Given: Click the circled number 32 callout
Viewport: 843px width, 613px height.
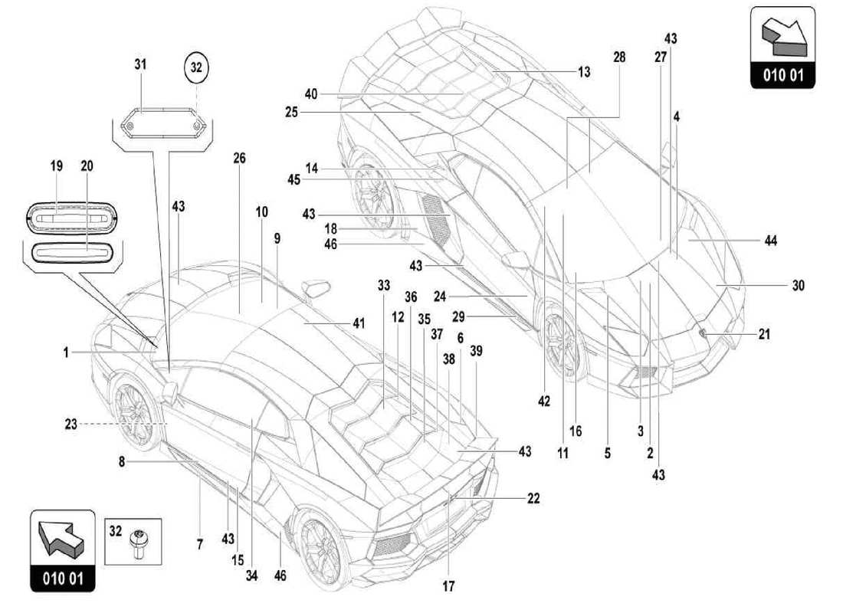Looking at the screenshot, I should pos(196,67).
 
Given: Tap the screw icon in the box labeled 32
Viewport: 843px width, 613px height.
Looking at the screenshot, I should pos(139,543).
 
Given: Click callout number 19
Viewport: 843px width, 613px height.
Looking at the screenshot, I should pos(57,165).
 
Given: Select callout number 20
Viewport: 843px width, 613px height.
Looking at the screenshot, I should pos(86,165).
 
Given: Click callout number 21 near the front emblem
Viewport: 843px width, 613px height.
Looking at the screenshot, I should pos(763,334).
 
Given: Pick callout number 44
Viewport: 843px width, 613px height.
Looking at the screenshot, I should pos(770,241).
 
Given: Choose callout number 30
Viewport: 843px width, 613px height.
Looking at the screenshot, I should pos(799,285).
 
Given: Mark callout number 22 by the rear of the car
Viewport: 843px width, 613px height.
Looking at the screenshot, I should pos(533,499).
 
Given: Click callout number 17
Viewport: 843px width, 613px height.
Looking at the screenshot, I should pos(448,587).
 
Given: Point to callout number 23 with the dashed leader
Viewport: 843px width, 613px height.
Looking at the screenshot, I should pos(71,422).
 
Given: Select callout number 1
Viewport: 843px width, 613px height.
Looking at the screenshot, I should pos(67,352).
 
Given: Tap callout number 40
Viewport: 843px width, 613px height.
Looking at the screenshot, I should pos(310,94).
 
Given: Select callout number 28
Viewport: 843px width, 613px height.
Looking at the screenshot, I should pos(619,57).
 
